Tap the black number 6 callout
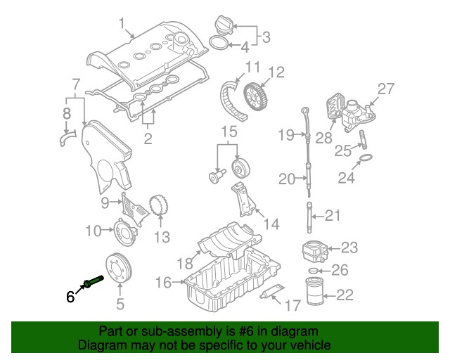pos(70,297)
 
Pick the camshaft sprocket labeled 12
pos(255,100)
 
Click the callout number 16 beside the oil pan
pos(163,283)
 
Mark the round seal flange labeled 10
pos(124,230)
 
